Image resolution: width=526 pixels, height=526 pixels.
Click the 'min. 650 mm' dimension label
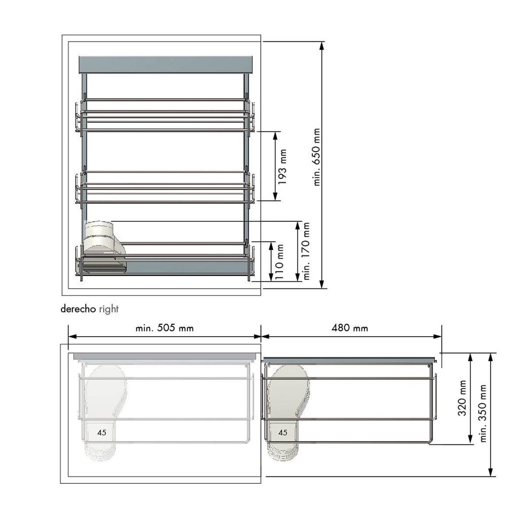tap(316, 157)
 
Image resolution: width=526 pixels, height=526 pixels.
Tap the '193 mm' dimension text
tap(283, 167)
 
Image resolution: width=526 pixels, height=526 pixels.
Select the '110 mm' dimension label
tap(280, 262)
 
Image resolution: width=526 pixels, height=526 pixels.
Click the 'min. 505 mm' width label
tap(165, 328)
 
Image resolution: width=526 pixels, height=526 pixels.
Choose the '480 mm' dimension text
tap(350, 328)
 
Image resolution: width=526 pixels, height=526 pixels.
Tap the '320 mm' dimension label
tap(462, 398)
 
